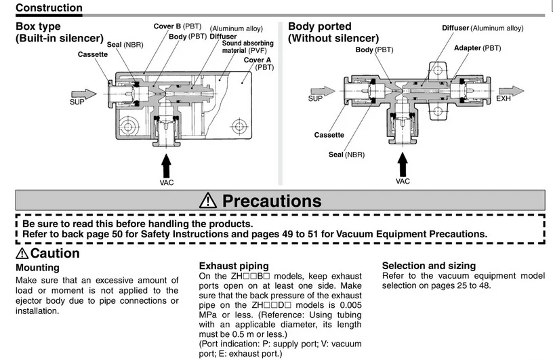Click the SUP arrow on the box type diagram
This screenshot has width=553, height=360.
point(84,94)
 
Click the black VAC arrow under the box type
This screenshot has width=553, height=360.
point(166,165)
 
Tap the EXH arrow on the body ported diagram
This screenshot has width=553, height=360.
point(512,91)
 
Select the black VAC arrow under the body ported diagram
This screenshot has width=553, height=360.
point(403,165)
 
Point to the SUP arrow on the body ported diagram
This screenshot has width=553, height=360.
point(323,91)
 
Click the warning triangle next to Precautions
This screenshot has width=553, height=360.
point(208,200)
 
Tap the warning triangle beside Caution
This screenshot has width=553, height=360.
point(22,253)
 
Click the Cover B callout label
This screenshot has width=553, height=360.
point(178,26)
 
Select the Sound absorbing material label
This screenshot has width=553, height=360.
point(247,47)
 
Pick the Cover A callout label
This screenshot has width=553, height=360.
point(258,64)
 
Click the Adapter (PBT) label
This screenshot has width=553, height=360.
point(477,48)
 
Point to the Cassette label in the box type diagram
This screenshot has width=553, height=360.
point(93,54)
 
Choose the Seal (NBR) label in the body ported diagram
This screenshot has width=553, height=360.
point(346,155)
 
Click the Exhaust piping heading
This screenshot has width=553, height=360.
point(234,266)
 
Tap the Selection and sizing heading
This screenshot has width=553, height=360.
point(429,265)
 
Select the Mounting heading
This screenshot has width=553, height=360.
point(37,268)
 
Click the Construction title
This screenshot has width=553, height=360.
point(49,7)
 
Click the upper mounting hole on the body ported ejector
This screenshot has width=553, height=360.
point(437,70)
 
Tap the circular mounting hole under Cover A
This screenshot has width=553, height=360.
point(239,126)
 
